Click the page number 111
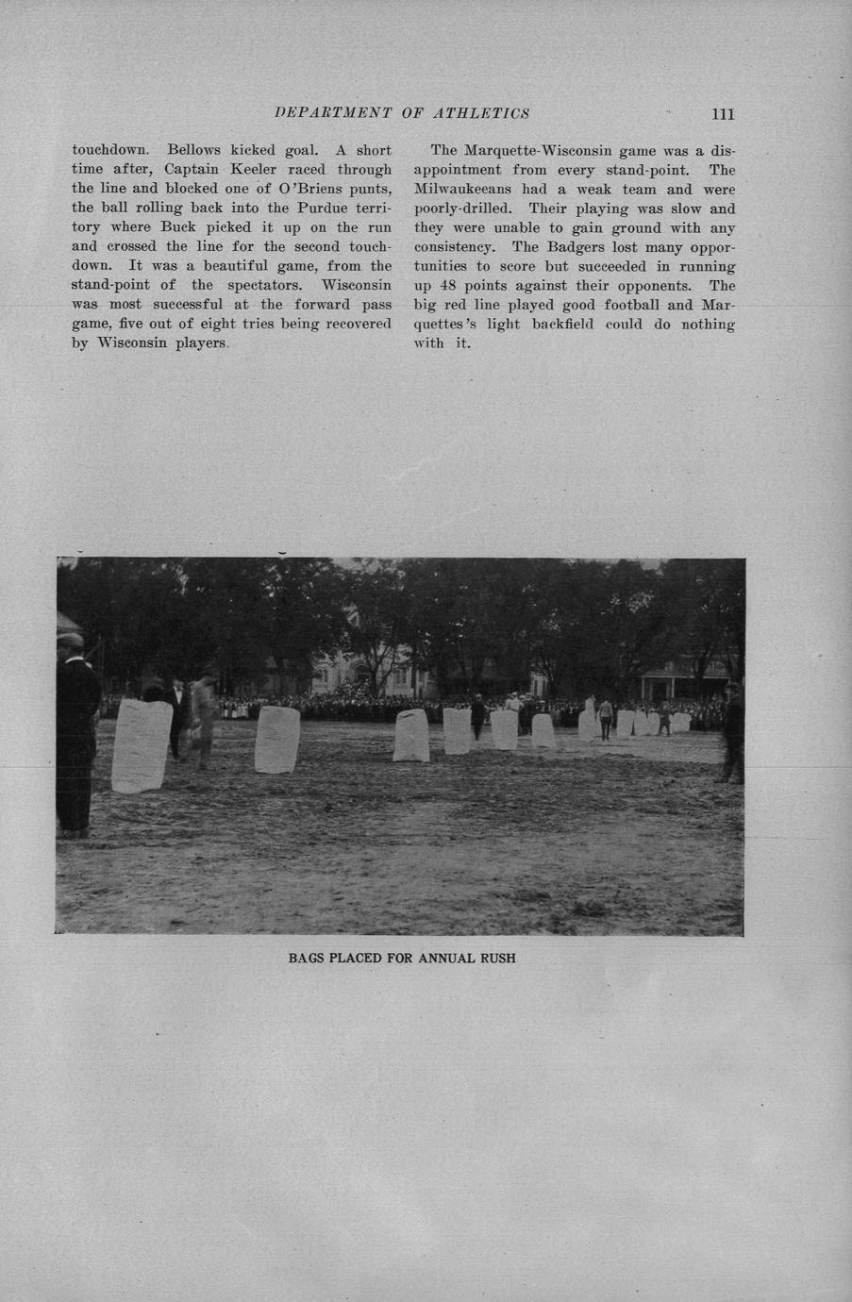[723, 114]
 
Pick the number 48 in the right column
[448, 285]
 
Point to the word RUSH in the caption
[497, 959]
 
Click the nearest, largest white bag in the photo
[141, 745]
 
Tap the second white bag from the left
[277, 739]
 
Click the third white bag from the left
[411, 735]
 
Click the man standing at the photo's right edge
[731, 731]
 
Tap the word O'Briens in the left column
[315, 189]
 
